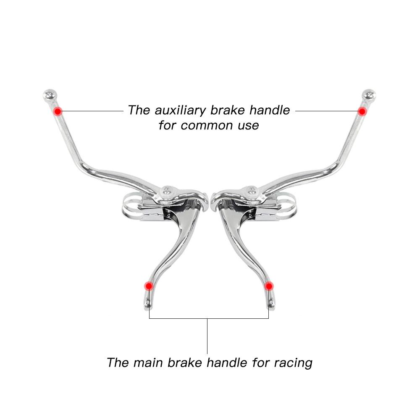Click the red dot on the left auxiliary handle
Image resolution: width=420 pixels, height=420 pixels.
pyautogui.click(x=58, y=111)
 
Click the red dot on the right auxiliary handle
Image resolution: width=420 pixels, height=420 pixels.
pyautogui.click(x=362, y=111)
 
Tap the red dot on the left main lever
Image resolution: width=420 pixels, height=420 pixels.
pyautogui.click(x=148, y=286)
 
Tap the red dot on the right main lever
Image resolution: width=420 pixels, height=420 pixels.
pyautogui.click(x=269, y=286)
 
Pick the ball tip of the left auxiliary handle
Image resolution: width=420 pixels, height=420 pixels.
pyautogui.click(x=50, y=95)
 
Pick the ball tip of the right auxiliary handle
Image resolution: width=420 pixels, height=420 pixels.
pyautogui.click(x=369, y=95)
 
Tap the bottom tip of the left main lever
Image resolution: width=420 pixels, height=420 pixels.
pyautogui.click(x=147, y=305)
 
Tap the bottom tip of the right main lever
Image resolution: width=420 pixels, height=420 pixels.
pyautogui.click(x=271, y=305)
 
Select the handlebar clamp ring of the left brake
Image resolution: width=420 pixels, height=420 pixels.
pyautogui.click(x=130, y=206)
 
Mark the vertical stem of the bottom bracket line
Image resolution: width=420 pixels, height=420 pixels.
pyautogui.click(x=207, y=336)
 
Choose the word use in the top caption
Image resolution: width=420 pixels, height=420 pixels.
pyautogui.click(x=248, y=125)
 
